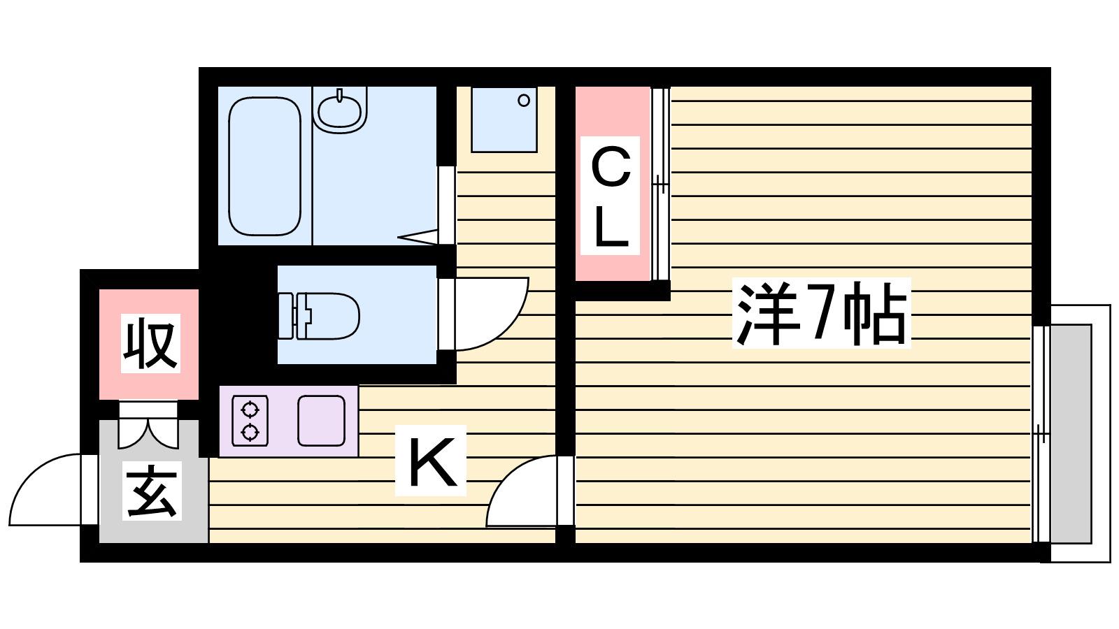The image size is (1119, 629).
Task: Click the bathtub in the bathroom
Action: pyautogui.click(x=265, y=166)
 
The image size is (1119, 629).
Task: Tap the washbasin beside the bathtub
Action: pyautogui.click(x=340, y=110)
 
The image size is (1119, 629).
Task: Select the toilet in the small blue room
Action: pyautogui.click(x=320, y=316)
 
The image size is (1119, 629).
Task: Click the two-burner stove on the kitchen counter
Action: pyautogui.click(x=250, y=421)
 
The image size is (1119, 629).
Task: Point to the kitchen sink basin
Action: pyautogui.click(x=321, y=420)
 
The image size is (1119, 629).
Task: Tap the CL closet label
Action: pyautogui.click(x=610, y=196)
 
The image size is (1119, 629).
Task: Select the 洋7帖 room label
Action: pyautogui.click(x=822, y=313)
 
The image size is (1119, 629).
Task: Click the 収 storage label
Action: pyautogui.click(x=150, y=343)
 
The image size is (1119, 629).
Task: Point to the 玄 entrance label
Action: pyautogui.click(x=151, y=492)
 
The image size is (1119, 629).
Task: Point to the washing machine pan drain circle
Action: pyautogui.click(x=524, y=101)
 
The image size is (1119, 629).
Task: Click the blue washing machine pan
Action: pyautogui.click(x=504, y=120)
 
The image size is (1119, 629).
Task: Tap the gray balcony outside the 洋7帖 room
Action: pyautogui.click(x=1070, y=434)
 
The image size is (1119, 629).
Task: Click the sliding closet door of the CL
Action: pyautogui.click(x=660, y=184)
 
